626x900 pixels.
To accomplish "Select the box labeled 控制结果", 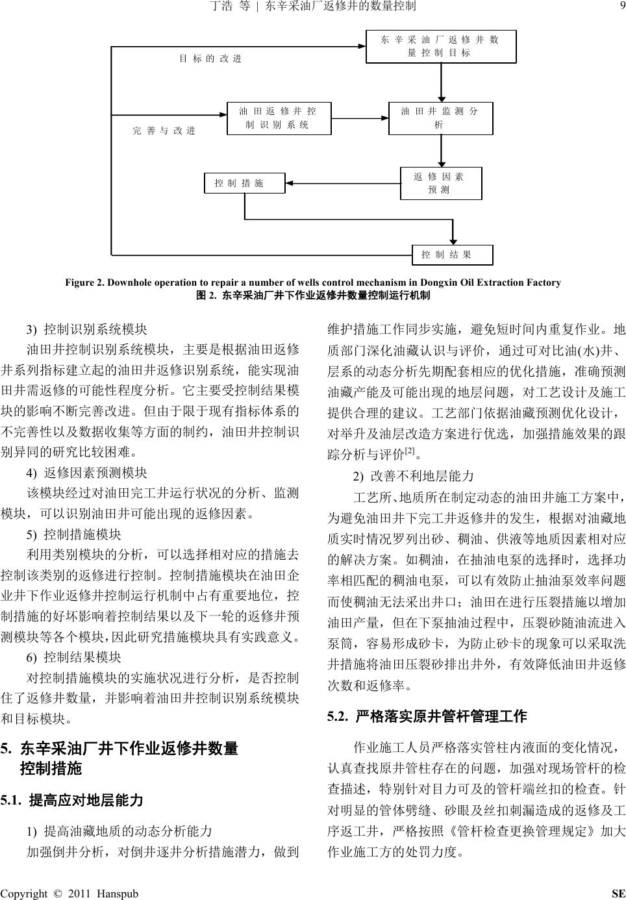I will (453, 255).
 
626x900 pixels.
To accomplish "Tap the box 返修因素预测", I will (440, 184).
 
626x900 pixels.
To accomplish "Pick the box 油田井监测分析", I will (440, 118).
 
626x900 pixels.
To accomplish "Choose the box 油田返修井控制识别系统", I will (279, 118).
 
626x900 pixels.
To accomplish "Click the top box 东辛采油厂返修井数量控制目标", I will (441, 47).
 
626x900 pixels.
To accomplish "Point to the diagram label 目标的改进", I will (210, 59).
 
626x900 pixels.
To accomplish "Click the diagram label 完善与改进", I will (164, 131).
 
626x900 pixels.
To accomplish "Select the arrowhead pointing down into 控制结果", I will (453, 241).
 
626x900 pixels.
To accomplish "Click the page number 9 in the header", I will (621, 6).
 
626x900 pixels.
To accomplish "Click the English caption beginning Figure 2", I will (312, 282).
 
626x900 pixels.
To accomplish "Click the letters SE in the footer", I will (618, 894).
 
